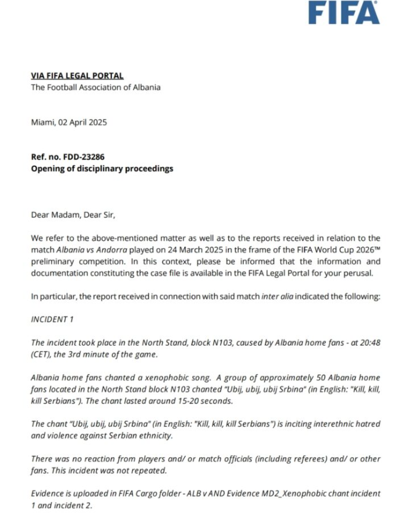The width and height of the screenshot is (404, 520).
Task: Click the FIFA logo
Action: (x=344, y=12)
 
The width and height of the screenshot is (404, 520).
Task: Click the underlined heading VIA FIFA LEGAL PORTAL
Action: (x=77, y=76)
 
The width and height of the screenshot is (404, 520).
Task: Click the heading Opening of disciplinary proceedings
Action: (x=102, y=168)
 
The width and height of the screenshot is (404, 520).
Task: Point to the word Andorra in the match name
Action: (x=111, y=250)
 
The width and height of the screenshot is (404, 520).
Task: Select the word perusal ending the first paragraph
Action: (x=366, y=273)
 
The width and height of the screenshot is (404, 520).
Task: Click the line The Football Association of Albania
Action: (x=95, y=87)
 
